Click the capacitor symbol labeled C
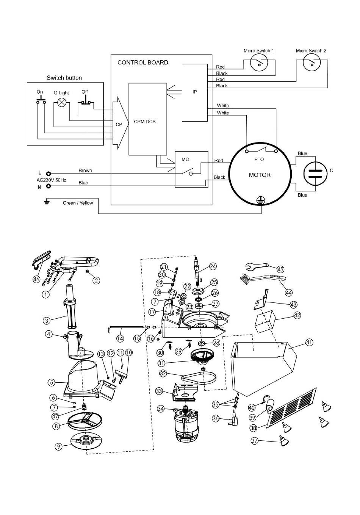(x=315, y=173)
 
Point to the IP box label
(x=195, y=92)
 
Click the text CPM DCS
(x=145, y=122)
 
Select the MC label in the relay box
(x=185, y=159)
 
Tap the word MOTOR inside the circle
(x=260, y=175)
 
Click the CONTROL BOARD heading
(x=143, y=63)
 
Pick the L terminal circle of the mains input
(x=48, y=173)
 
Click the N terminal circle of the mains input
(x=48, y=186)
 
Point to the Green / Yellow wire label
(x=78, y=203)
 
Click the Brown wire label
(x=85, y=171)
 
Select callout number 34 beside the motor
(x=161, y=409)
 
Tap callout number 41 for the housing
(x=309, y=342)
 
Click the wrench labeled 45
(x=257, y=266)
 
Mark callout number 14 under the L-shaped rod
(x=120, y=338)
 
